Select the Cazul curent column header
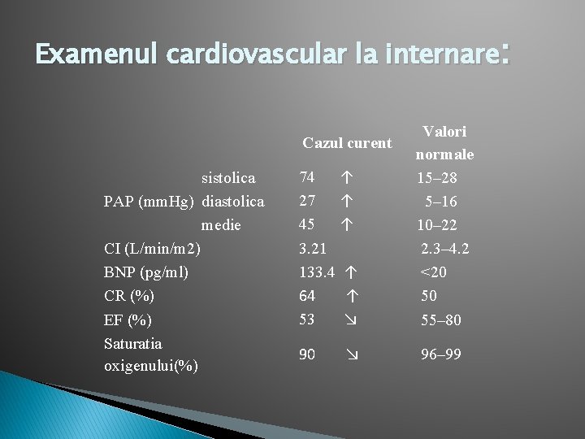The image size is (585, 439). (347, 143)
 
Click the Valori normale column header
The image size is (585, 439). (444, 142)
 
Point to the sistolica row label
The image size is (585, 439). (228, 177)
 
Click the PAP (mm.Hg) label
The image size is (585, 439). (150, 201)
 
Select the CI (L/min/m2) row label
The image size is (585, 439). (153, 248)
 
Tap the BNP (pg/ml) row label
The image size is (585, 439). (146, 272)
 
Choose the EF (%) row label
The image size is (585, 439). (128, 319)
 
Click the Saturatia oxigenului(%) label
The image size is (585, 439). (151, 354)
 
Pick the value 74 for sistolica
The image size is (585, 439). (307, 177)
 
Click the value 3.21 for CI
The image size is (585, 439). (313, 248)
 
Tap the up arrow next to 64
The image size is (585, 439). (351, 296)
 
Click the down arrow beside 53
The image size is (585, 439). (351, 319)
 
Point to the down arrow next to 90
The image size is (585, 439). (351, 354)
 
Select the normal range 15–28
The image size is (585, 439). (437, 177)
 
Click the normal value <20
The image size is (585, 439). (433, 272)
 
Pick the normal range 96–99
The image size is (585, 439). (440, 354)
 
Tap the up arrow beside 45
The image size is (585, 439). (347, 224)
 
